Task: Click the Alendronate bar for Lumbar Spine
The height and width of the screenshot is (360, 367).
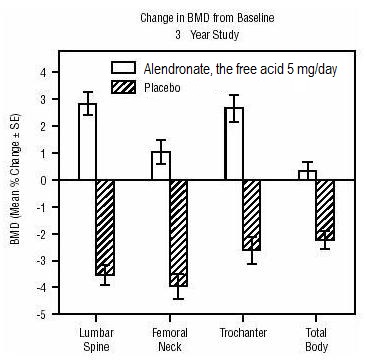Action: coord(88,142)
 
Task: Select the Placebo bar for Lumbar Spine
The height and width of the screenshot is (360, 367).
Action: coord(105,228)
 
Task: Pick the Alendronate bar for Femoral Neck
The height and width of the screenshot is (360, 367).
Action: coord(161,166)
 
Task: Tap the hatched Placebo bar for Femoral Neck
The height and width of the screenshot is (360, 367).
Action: coord(179,233)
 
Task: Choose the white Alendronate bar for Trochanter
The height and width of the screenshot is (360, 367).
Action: coord(234,144)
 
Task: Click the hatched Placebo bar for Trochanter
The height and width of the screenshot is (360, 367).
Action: coord(252,215)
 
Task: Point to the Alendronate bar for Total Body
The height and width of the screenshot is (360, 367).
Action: coord(307,175)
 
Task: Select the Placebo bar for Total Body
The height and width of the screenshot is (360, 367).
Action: coord(325,210)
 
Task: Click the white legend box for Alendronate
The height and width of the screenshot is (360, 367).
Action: coord(123,67)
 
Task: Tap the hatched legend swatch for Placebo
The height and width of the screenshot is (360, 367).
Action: coord(123,87)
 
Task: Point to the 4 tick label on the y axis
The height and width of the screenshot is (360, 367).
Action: coord(45,72)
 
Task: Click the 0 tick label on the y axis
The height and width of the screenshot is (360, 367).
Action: coord(45,180)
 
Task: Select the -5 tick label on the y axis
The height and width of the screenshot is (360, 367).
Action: coord(43,315)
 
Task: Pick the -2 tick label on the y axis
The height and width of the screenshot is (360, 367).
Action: coord(43,234)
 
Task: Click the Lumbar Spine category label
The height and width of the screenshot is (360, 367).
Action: coord(96,339)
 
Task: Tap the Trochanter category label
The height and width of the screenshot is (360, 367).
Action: coord(243,333)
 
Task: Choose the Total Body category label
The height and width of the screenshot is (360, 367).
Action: coord(316,339)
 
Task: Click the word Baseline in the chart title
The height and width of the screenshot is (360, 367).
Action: coord(256,18)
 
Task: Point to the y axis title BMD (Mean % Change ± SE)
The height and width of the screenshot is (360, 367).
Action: coord(15,179)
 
